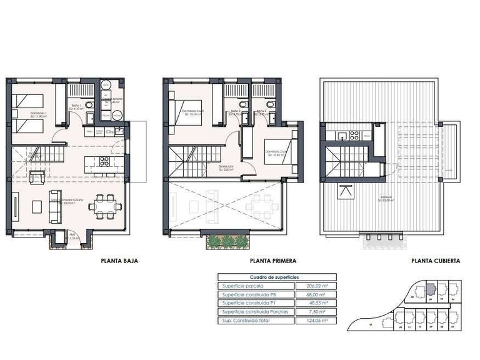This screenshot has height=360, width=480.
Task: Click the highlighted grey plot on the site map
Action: [431, 290]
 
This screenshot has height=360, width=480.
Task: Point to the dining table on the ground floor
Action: [105, 205]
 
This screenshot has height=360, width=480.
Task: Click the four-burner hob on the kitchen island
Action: [103, 161]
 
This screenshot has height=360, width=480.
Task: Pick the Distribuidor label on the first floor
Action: [226, 167]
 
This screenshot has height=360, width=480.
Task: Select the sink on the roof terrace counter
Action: [342, 135]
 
